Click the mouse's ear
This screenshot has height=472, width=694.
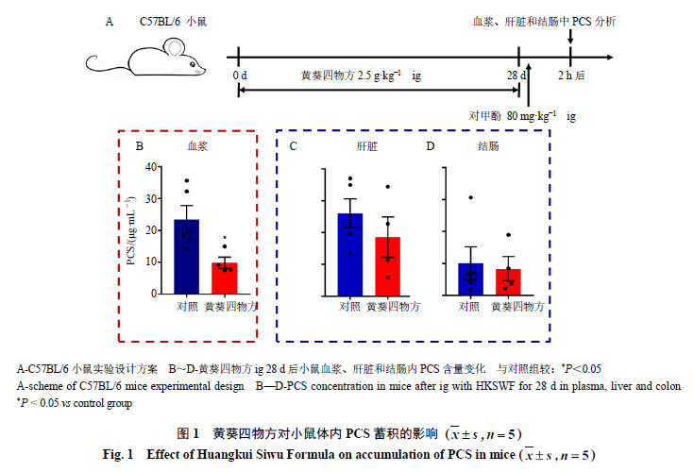tap(173, 47)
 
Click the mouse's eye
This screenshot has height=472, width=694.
tap(192, 64)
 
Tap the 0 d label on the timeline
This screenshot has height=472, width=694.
tap(240, 76)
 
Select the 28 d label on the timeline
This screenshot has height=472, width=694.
tap(516, 76)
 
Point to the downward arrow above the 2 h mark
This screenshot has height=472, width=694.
tap(570, 36)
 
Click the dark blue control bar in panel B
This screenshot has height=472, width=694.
tap(186, 257)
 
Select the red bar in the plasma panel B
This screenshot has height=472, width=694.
tap(225, 278)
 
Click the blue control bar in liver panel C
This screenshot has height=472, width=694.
tap(350, 255)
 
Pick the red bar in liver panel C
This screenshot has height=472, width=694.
tap(388, 267)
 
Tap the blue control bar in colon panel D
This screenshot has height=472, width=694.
tap(470, 279)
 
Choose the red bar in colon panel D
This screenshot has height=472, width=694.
tap(508, 282)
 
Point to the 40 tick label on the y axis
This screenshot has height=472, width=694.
tap(151, 167)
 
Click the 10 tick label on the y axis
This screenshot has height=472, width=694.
tap(151, 261)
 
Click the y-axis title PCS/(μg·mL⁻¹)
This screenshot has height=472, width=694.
tap(131, 231)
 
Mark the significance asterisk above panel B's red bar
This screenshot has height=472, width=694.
tap(225, 238)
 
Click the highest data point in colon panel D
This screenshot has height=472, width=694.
tap(470, 197)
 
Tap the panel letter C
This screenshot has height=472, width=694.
tap(293, 146)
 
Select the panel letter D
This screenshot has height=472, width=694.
tap(431, 146)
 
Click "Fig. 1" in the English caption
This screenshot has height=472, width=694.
tap(118, 455)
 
